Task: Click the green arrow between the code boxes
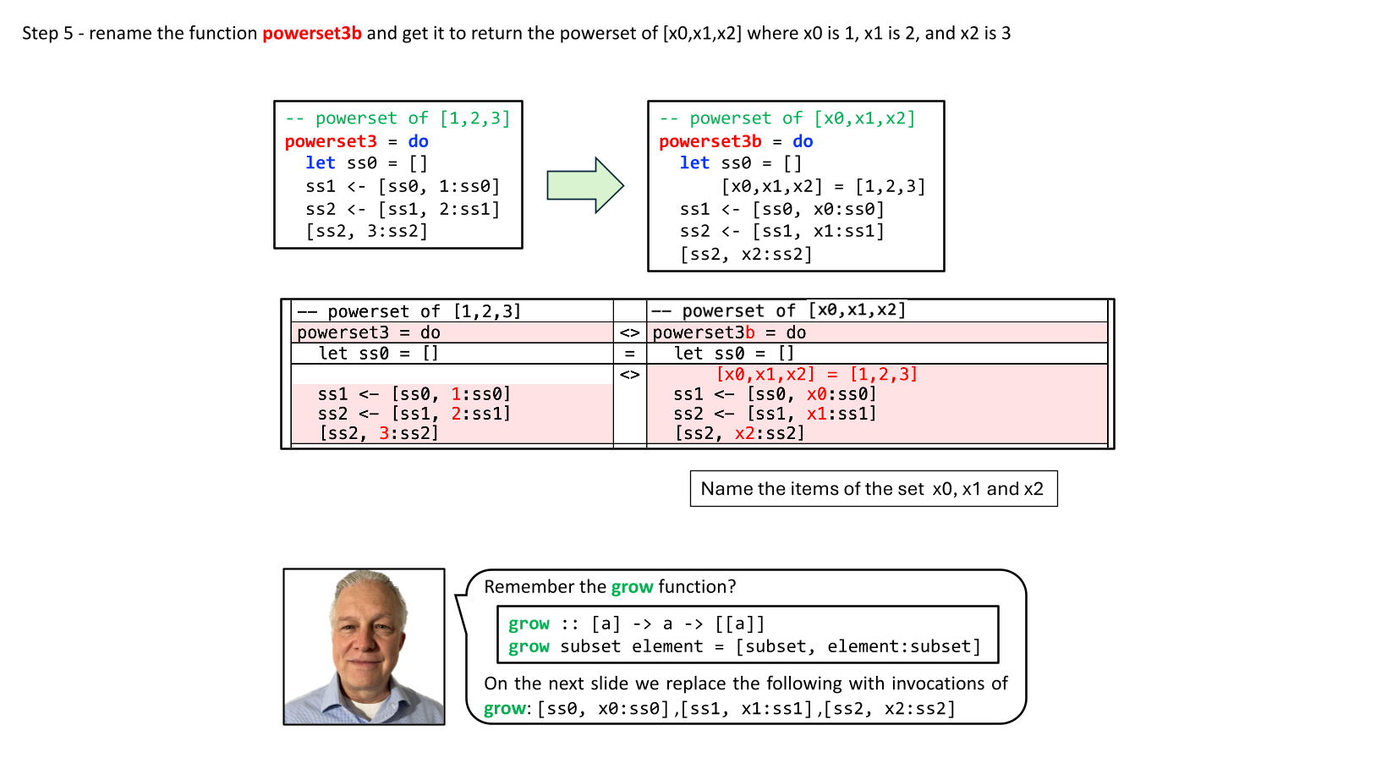click(584, 184)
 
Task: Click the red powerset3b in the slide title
click(311, 34)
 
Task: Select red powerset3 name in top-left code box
click(331, 141)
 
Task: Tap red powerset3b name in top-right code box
click(710, 141)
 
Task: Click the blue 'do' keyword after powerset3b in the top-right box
click(803, 141)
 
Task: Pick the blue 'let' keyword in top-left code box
click(321, 163)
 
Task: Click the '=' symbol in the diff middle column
click(629, 354)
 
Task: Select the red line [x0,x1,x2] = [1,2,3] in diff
click(816, 374)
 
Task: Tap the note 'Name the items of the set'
click(872, 489)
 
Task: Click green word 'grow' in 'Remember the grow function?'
click(632, 587)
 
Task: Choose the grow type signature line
click(636, 624)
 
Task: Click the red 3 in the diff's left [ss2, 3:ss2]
click(383, 433)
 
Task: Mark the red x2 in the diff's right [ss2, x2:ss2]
click(744, 433)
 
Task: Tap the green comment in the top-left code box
click(397, 118)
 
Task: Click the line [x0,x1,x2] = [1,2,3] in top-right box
click(822, 186)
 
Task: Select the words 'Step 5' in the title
click(47, 34)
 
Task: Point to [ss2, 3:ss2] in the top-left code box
click(366, 231)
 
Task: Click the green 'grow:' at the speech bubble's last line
click(507, 709)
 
